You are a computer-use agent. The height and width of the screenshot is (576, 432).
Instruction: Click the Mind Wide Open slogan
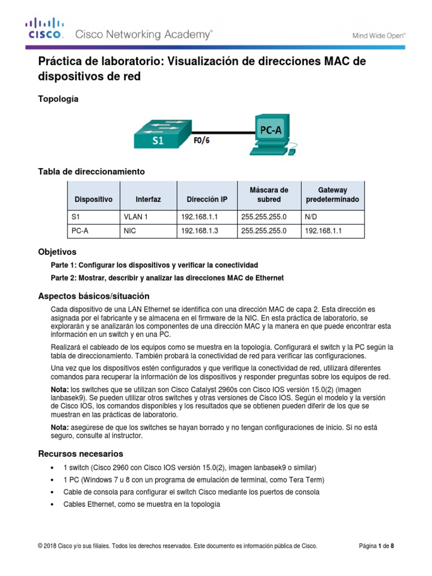click(379, 35)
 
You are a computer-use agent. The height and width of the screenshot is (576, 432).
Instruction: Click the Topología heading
click(58, 99)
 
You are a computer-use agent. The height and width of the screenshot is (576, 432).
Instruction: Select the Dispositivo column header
click(93, 200)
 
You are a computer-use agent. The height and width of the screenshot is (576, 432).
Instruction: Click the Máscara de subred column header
click(268, 195)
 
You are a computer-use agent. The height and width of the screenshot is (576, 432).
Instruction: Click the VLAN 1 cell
click(134, 217)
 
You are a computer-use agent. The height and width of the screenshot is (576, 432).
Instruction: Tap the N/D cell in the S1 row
click(311, 217)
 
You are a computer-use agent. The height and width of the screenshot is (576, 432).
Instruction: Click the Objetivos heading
click(57, 252)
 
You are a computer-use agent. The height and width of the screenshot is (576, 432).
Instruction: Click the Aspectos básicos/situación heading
click(93, 296)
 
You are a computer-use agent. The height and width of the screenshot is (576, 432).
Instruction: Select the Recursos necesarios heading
click(80, 453)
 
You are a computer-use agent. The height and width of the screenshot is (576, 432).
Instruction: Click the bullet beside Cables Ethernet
click(52, 505)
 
